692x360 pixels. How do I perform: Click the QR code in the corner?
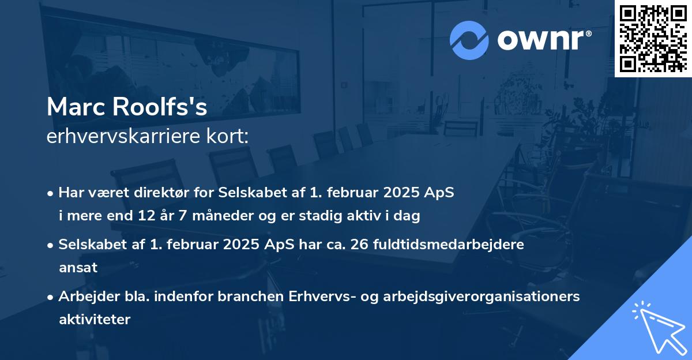point(653,38)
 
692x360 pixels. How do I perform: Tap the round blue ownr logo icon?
point(469,40)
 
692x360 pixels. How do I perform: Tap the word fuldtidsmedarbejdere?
point(451,244)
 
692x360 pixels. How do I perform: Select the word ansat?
point(78,268)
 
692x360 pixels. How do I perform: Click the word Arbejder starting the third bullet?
point(85,296)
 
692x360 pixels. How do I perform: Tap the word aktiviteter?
point(95,319)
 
